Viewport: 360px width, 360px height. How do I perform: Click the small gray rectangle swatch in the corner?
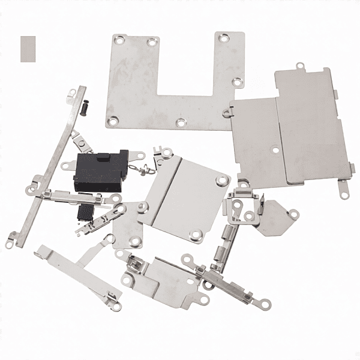(28, 48)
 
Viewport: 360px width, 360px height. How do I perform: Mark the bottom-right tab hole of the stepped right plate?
(344, 193)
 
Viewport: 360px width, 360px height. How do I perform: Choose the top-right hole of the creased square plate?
(222, 179)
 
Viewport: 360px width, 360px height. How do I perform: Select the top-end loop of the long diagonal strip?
(73, 94)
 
